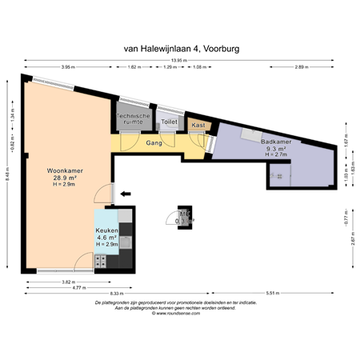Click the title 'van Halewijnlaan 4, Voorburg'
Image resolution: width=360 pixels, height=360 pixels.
coord(181,48)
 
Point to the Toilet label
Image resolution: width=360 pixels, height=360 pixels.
coord(169,122)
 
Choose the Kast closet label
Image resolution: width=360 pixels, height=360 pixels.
coord(197,126)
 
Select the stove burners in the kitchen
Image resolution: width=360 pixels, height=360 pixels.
coord(102,260)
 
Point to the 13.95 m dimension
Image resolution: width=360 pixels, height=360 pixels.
coord(181,60)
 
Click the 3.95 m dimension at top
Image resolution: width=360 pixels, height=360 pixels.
coord(68,67)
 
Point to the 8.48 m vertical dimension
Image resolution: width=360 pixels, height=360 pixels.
coord(7,178)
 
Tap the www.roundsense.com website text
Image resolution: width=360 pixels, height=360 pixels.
coord(180,314)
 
